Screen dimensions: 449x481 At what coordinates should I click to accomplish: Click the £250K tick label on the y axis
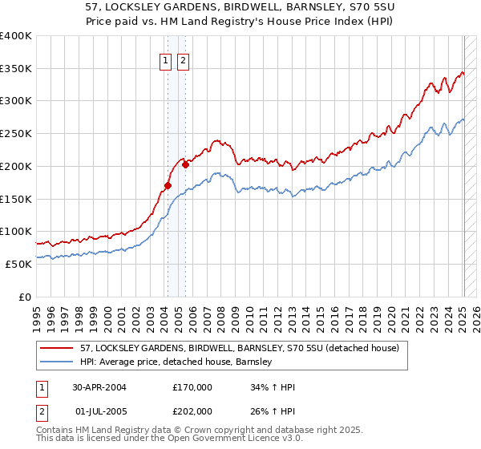[x=16, y=134]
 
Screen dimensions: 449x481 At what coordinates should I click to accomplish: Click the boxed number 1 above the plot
[x=166, y=61]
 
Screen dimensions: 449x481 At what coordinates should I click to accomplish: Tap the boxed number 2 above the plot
[x=183, y=61]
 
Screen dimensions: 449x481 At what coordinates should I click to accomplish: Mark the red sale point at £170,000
[x=168, y=186]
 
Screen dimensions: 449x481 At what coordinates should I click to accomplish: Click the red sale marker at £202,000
[x=185, y=165]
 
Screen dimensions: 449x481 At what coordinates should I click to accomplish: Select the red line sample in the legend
[x=57, y=348]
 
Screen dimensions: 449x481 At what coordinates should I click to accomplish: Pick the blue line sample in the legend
[x=57, y=362]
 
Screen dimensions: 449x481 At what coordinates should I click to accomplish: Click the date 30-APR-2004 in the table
[x=99, y=386]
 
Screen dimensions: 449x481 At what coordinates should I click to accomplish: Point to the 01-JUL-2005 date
[x=99, y=411]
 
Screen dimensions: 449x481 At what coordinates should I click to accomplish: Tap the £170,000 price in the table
[x=192, y=386]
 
